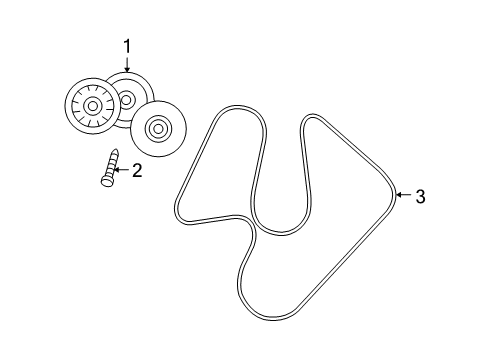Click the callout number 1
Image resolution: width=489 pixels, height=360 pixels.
127,45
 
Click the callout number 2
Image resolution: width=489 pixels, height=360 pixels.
137,170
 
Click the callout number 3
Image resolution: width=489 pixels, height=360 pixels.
420,197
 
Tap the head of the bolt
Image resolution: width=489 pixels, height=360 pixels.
105,180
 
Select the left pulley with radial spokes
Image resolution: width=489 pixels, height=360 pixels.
91,105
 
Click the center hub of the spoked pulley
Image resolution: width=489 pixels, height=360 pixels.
91,105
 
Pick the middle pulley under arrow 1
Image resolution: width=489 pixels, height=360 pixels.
128,97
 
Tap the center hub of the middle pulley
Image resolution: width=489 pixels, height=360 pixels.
127,99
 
